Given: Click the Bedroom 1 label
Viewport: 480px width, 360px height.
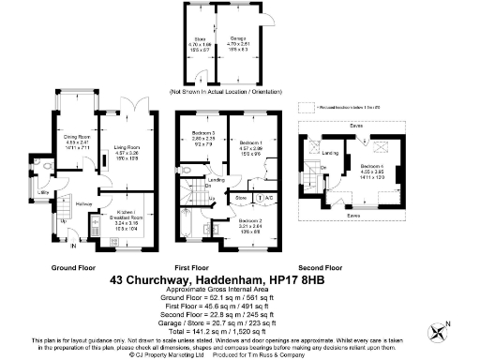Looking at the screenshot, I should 248,144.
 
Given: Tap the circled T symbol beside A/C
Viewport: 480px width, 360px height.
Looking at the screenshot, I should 257,198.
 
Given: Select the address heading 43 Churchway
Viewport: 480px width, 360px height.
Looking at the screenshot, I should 239,278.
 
